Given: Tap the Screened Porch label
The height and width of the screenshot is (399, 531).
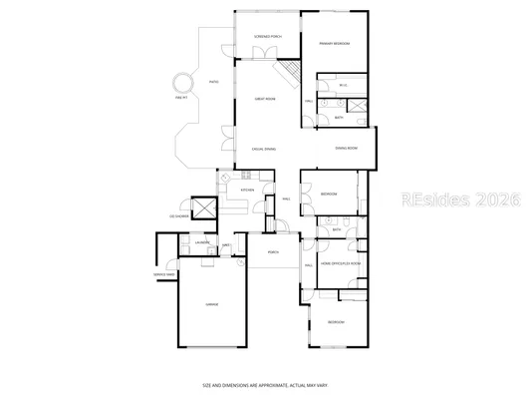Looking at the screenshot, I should [267, 37].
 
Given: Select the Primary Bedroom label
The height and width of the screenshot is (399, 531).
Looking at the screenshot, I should [333, 44].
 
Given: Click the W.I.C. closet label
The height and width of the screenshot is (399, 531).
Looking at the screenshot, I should [342, 86].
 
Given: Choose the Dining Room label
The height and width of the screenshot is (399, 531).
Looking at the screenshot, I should [346, 149].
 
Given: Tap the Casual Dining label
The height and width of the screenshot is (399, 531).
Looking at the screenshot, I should [264, 148].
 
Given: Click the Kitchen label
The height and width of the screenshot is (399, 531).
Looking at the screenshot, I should [247, 190].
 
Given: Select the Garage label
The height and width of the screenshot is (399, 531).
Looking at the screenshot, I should [211, 303].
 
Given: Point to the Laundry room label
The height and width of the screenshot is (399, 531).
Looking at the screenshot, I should [201, 243].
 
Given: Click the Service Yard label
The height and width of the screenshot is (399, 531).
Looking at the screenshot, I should [164, 274].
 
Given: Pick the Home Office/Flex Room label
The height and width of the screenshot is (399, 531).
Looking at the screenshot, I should [338, 263].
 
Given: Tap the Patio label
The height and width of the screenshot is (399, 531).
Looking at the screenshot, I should [213, 83].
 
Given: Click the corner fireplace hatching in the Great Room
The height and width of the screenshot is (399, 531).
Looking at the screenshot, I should [290, 71].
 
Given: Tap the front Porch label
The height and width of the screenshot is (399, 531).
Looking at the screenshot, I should [273, 252].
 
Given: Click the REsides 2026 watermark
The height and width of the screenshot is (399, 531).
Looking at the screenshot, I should [461, 199].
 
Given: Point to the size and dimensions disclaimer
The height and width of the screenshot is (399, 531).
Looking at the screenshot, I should [265, 384].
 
